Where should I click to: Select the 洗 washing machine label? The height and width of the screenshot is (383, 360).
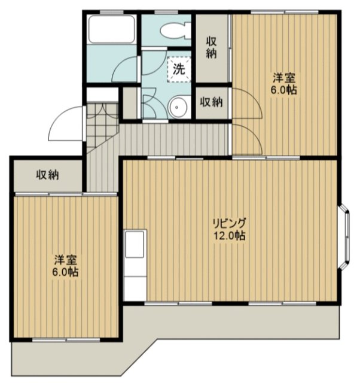pos(179,68)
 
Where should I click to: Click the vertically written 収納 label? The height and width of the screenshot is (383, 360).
pos(212,47)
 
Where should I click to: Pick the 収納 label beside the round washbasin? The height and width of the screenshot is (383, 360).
pos(211,102)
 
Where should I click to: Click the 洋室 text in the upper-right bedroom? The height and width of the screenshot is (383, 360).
pos(284,78)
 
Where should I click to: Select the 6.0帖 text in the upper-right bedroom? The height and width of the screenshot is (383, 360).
pos(284,90)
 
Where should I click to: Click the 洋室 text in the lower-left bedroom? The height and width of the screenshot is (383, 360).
pos(66,260)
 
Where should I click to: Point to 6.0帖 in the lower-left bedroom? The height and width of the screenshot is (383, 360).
pos(66,272)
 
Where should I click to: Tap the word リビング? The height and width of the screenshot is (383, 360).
pos(230,223)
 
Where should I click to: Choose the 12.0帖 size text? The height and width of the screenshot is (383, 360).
pos(230,236)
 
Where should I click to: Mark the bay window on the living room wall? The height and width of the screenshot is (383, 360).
pos(345,235)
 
